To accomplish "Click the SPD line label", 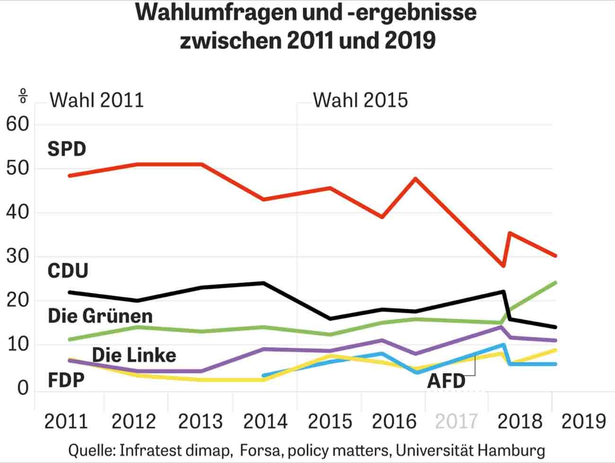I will pos(67,149).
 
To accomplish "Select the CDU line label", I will pos(68,271).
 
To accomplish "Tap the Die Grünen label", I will pos(100,316).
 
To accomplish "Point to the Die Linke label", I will pos(134,355).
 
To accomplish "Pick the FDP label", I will pos(66,380).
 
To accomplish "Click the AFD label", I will pos(446,381).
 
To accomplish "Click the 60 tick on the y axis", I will pos(18,125).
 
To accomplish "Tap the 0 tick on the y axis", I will pos(23,389).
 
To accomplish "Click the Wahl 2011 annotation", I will pos(97,101).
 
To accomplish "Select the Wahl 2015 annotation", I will pos(360,101).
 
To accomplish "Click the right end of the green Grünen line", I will pos(555,283).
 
